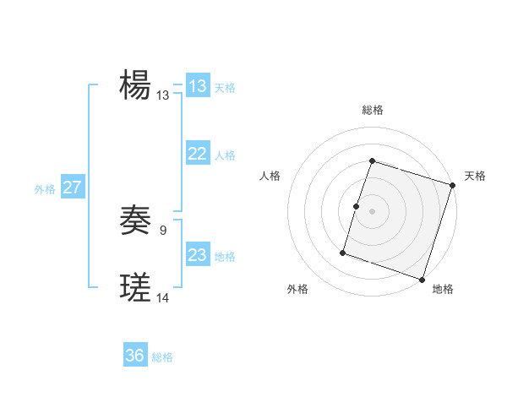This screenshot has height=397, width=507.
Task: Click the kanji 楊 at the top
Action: tap(135, 85)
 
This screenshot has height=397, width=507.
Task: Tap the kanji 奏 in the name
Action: tap(135, 220)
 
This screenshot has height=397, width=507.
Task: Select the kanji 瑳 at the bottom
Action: tap(135, 288)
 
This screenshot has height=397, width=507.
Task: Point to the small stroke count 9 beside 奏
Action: tap(162, 229)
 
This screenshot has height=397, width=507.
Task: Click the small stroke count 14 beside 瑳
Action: tap(163, 297)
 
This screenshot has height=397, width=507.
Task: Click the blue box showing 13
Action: tap(198, 86)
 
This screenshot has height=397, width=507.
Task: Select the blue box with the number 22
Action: tap(198, 154)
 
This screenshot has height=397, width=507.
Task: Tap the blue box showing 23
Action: tap(198, 255)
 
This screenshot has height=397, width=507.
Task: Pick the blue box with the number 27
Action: tap(72, 188)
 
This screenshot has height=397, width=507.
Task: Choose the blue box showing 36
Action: tap(135, 356)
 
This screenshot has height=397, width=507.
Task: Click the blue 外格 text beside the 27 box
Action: tap(45, 189)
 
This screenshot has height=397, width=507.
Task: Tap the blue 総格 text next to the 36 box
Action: tap(162, 357)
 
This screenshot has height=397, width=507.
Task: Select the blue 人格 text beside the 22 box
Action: tap(225, 155)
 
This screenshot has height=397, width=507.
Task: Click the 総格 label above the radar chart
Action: tap(373, 110)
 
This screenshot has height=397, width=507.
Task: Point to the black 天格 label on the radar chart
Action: tap(475, 176)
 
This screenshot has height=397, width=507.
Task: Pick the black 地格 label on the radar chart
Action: tap(443, 289)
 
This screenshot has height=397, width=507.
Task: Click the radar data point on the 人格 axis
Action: tap(356, 206)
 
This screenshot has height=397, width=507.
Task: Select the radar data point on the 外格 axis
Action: tap(343, 253)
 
